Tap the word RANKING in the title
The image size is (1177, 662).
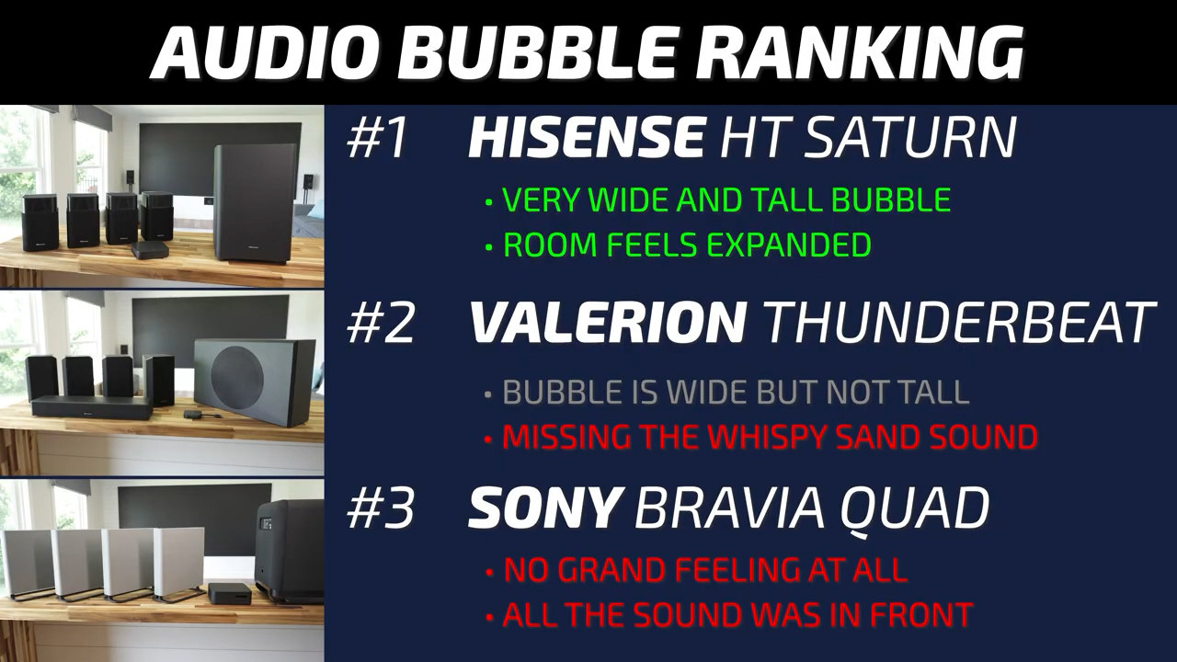pyautogui.click(x=852, y=51)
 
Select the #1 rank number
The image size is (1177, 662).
pyautogui.click(x=377, y=138)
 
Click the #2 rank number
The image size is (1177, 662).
pyautogui.click(x=381, y=323)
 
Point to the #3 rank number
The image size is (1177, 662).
pyautogui.click(x=381, y=508)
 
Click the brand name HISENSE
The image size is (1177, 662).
pyautogui.click(x=587, y=138)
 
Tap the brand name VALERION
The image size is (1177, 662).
pyautogui.click(x=608, y=322)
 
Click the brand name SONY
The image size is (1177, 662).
pyautogui.click(x=543, y=508)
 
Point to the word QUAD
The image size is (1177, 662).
pyautogui.click(x=914, y=509)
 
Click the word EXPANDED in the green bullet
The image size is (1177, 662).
pyautogui.click(x=789, y=245)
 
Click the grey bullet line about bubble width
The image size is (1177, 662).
pyautogui.click(x=727, y=392)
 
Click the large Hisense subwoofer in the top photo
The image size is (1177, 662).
pyautogui.click(x=256, y=203)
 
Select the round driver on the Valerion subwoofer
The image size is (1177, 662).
pyautogui.click(x=237, y=375)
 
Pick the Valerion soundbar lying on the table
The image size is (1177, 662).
pyautogui.click(x=91, y=407)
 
